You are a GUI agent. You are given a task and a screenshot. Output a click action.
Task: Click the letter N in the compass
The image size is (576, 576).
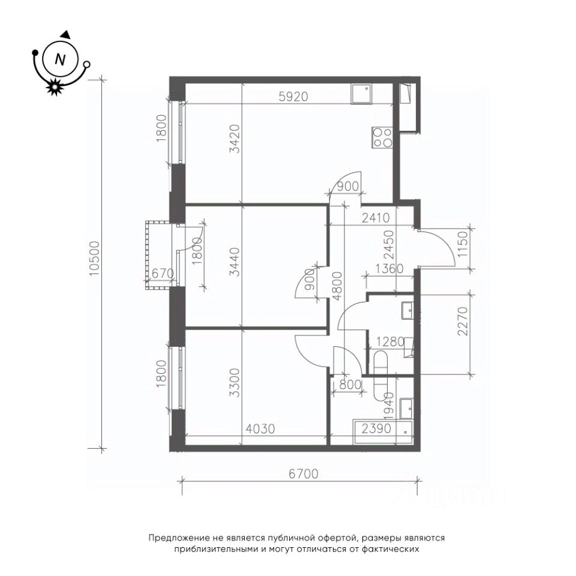[x=59, y=59]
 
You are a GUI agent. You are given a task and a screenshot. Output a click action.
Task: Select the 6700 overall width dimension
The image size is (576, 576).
[x=303, y=473]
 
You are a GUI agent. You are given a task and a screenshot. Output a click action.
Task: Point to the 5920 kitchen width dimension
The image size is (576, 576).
[x=293, y=97]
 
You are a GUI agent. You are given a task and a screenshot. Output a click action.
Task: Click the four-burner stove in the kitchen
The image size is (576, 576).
[x=382, y=138]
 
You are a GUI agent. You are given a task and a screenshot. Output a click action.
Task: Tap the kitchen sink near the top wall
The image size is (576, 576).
[x=361, y=94]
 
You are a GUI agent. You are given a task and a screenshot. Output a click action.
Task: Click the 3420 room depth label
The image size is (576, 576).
[x=235, y=139]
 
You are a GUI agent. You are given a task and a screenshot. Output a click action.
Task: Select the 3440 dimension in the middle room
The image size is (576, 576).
[x=235, y=262]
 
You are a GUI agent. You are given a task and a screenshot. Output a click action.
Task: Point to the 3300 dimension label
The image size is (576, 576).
[x=235, y=382]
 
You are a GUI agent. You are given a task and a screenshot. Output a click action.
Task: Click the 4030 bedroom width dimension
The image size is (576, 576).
[x=260, y=428]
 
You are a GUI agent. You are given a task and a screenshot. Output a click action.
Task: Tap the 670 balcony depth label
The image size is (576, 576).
[x=163, y=274]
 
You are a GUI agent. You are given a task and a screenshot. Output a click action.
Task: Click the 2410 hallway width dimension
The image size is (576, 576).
[x=376, y=218]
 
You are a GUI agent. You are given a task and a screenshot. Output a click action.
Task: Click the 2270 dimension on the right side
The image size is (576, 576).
[x=464, y=322]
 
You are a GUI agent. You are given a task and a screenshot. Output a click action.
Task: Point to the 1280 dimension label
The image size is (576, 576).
[x=389, y=342]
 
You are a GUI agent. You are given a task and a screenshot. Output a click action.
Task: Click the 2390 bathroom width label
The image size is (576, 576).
[x=376, y=428]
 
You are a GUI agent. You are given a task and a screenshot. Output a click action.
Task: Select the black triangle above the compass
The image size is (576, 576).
[x=66, y=34]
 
